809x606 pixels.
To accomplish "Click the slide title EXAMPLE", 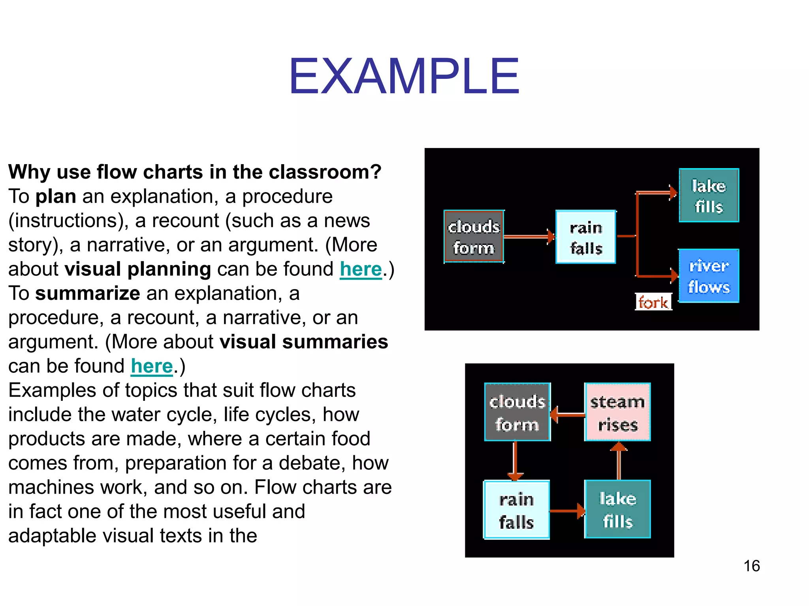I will [x=404, y=76].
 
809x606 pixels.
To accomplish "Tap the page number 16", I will [x=751, y=566].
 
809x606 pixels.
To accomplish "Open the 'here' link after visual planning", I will [x=361, y=269].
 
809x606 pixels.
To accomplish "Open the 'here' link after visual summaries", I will [x=152, y=367].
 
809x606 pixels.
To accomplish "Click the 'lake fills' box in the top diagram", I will [x=709, y=196].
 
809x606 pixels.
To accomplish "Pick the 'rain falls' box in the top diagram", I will [x=586, y=237].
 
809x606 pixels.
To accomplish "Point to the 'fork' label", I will [x=653, y=302].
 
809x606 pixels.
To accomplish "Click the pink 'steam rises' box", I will [x=617, y=412].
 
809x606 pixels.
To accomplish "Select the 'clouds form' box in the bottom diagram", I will [x=517, y=412].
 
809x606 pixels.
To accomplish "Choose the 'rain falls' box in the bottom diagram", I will [x=517, y=510].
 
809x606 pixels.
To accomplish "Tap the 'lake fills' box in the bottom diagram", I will [x=617, y=510].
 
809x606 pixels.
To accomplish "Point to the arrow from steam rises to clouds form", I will [x=567, y=415].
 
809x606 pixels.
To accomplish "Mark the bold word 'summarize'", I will [x=88, y=294].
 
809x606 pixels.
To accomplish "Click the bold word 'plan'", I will [x=56, y=196].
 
